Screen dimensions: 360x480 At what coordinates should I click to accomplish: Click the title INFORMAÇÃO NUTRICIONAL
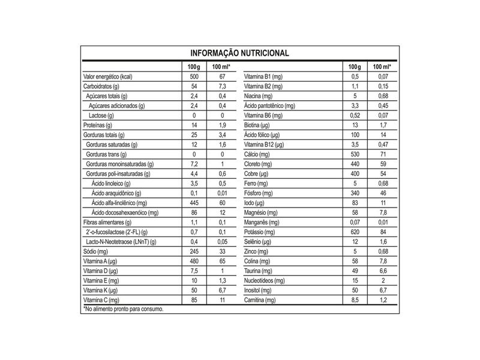click(239, 53)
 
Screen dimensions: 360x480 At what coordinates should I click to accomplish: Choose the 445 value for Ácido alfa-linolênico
click(193, 203)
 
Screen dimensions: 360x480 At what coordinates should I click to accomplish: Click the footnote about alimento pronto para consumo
click(123, 308)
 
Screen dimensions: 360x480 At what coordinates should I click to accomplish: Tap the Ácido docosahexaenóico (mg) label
click(125, 212)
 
